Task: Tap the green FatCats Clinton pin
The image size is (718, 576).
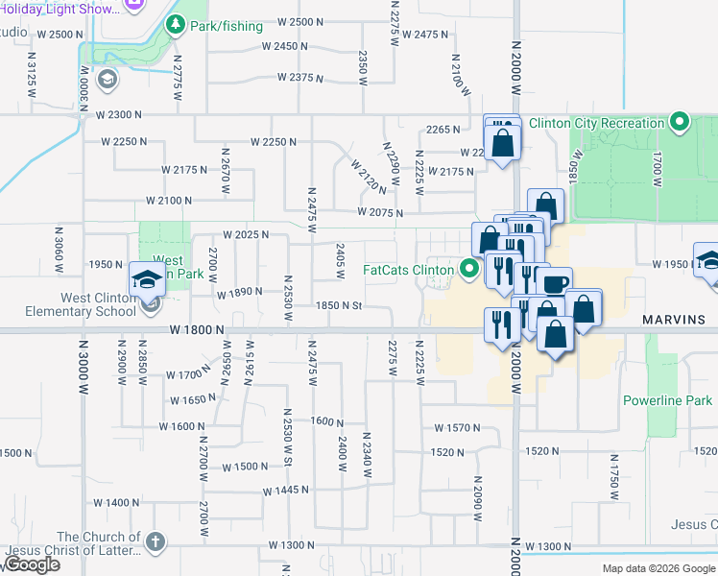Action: (469, 270)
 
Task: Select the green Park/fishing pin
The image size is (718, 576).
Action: (175, 25)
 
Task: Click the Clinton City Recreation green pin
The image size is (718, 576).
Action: (680, 122)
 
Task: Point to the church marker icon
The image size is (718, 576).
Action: (154, 542)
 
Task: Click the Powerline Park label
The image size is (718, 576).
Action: (667, 399)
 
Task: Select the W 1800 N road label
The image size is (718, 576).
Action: (198, 329)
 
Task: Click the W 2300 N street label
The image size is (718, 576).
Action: (119, 114)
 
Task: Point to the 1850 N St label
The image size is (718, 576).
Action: (340, 306)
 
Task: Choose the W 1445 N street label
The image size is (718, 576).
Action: (287, 490)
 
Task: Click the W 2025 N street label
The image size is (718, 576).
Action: (245, 235)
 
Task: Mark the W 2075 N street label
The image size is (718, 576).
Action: (379, 212)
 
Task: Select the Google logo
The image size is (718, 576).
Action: (32, 564)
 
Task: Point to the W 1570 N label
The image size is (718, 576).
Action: (457, 427)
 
